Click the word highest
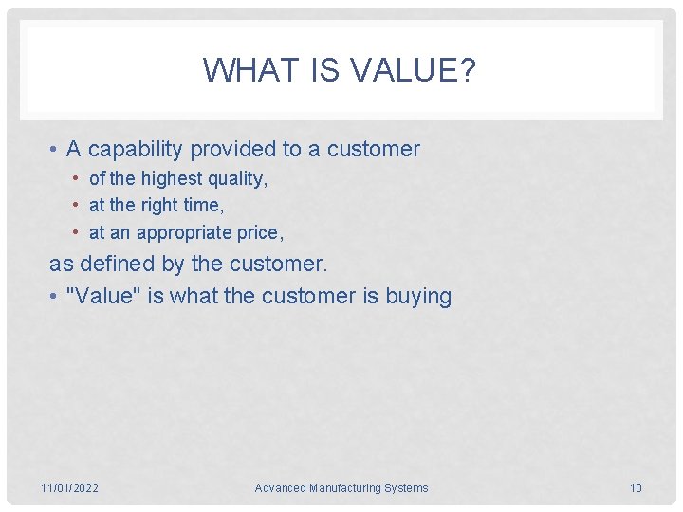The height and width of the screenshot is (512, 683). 172,178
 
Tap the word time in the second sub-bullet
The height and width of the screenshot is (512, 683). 207,205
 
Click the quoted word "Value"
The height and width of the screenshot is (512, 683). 103,296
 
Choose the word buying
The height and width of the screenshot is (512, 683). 418,296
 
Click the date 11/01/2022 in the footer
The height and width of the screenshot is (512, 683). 69,488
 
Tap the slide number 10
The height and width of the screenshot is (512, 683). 636,488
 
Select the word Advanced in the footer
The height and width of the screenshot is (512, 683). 280,488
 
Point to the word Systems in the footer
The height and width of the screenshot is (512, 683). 407,488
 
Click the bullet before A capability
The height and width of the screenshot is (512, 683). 56,150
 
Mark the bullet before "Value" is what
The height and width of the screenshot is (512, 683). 56,297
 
